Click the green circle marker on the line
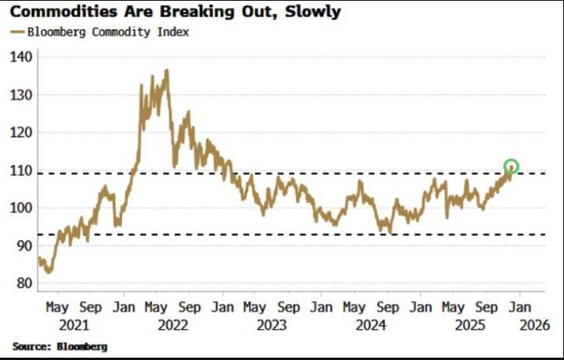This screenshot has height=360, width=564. [511, 166]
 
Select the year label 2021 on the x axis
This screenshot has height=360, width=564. [73, 324]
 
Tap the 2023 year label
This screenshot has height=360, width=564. [271, 324]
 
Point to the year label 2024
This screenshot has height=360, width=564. [371, 324]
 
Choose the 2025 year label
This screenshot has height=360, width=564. [471, 324]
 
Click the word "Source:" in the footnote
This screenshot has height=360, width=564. [32, 346]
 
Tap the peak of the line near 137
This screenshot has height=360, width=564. [166, 70]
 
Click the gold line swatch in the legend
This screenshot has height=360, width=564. [17, 33]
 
